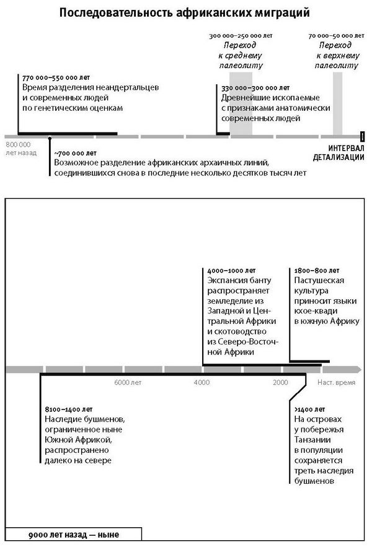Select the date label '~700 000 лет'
(75, 152)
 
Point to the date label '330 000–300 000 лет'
(255, 88)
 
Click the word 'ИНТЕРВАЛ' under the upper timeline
(347, 148)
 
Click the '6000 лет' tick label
(128, 383)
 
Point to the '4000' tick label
(201, 383)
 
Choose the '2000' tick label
(280, 383)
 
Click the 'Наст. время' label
(337, 383)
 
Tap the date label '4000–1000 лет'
(228, 271)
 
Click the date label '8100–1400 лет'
(68, 409)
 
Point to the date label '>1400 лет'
(310, 409)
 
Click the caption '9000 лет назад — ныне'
(74, 534)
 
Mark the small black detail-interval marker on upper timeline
(363, 136)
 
